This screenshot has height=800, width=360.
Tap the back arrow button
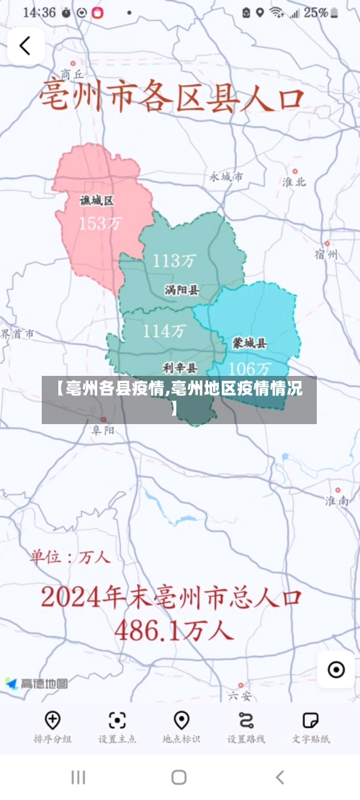25,46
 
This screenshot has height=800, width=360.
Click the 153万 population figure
100,223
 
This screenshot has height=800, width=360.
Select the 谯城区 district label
96,201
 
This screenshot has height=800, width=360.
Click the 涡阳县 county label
181,290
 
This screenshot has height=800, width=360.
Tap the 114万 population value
164,331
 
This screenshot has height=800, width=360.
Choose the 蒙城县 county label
249,343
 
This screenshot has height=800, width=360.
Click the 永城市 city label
226,176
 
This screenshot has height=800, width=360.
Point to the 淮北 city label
294,181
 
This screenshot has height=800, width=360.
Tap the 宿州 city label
325,254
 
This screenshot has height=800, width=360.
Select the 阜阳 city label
102,430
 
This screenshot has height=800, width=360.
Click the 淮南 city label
336,500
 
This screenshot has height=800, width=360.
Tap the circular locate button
336,670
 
